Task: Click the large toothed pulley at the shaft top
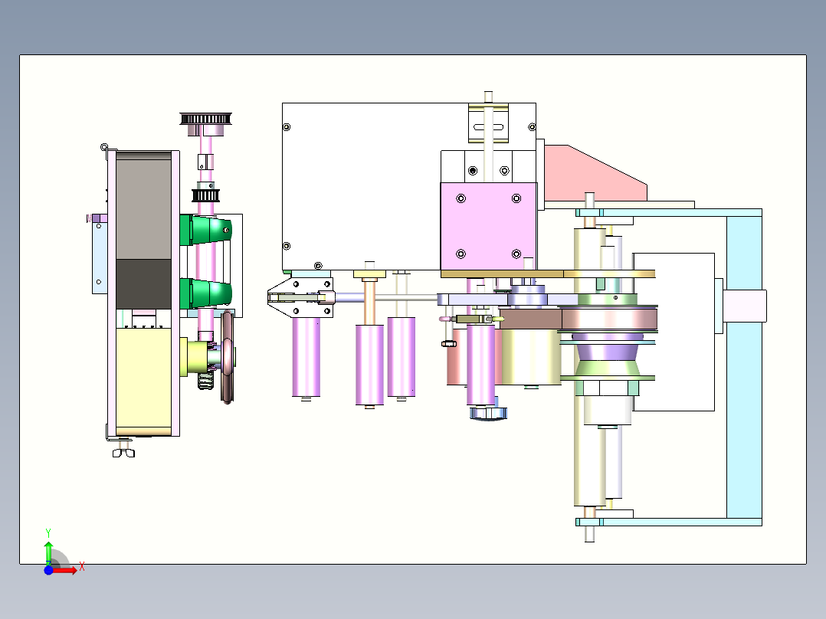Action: tap(205, 119)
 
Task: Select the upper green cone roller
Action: tap(209, 230)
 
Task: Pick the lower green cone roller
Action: tap(209, 293)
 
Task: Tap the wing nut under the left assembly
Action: tap(123, 452)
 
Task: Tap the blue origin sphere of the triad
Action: tap(48, 570)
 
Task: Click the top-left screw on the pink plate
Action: tap(461, 199)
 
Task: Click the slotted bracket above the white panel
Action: tap(489, 123)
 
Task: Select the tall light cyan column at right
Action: tap(743, 368)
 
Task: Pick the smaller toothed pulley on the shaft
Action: tap(205, 195)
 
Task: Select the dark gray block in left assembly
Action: tap(143, 283)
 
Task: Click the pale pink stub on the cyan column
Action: tap(745, 306)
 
